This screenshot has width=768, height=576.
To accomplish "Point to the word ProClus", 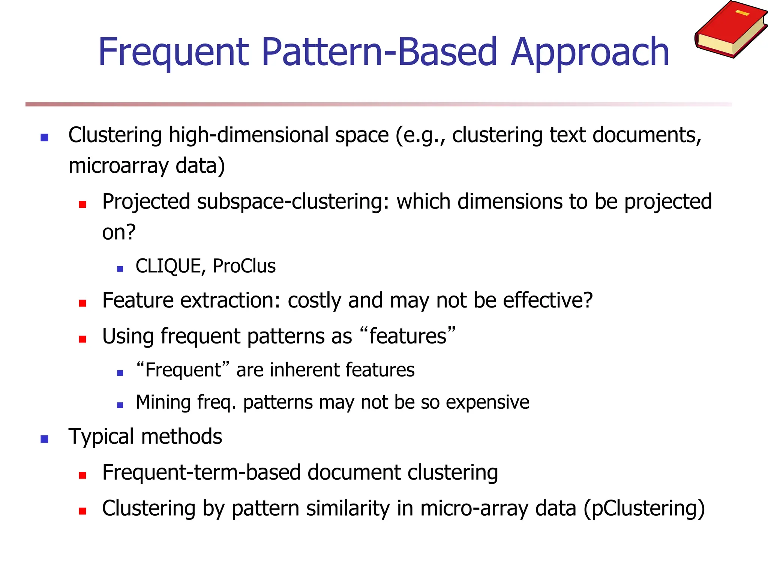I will point(244,266).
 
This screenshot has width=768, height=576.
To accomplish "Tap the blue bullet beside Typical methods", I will point(45,439).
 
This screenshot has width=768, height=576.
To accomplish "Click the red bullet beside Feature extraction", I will point(82,303).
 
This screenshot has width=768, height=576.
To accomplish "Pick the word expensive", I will point(487,402).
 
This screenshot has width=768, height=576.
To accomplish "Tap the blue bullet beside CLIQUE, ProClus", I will point(120,269).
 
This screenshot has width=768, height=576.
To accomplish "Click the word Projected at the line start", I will point(146,202).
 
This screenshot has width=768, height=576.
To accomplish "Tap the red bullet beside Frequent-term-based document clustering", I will point(82,475).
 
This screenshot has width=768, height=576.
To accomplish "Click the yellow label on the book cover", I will point(742,13).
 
